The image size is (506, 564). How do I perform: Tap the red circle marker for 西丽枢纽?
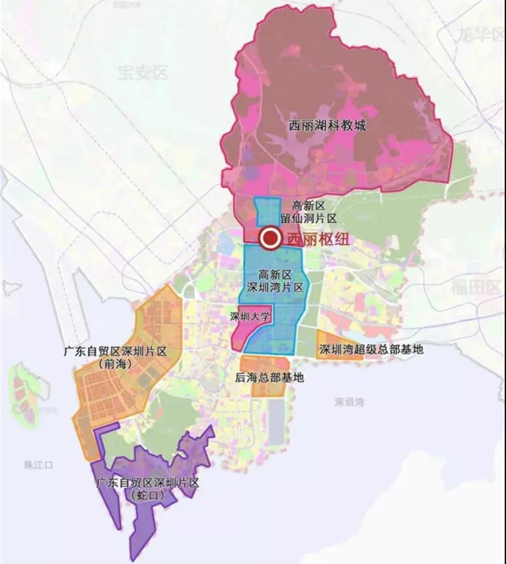(269, 239)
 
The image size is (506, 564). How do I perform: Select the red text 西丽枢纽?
(313, 239)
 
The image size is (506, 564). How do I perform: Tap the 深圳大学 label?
(251, 316)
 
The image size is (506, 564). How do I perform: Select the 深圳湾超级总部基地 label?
(371, 350)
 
